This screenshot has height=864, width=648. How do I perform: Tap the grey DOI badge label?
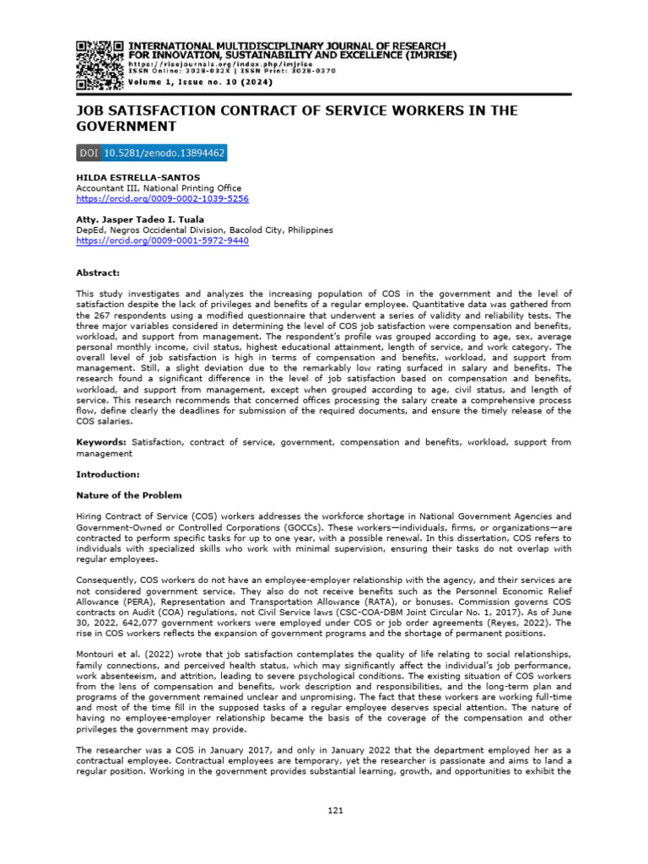click(x=88, y=154)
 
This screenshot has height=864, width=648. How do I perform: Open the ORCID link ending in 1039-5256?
click(x=162, y=198)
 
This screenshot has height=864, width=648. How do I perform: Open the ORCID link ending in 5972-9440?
click(x=162, y=240)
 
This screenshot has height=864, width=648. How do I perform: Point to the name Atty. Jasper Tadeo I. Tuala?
click(x=139, y=219)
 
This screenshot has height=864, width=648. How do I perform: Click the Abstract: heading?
click(x=98, y=273)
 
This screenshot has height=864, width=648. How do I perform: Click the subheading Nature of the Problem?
click(x=128, y=494)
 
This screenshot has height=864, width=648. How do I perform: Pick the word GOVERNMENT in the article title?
click(x=127, y=127)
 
